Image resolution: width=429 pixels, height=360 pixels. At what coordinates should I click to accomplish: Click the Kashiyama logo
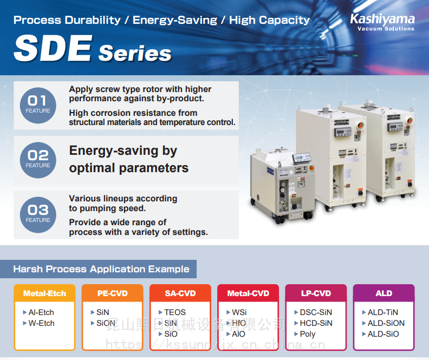tap(382, 22)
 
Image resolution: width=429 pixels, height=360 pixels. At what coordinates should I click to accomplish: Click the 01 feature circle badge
tap(38, 106)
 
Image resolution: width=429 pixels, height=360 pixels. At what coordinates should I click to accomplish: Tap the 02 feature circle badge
tap(38, 160)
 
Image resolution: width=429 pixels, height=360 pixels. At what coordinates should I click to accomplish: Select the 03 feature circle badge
tap(38, 215)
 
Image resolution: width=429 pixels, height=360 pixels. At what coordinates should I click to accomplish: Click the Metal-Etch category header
tap(44, 293)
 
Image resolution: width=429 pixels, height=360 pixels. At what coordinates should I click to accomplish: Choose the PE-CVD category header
tap(113, 293)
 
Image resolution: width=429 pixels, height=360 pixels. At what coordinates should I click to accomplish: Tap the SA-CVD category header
tap(180, 293)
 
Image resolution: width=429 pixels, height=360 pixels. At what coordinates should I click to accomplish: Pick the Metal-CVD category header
tap(248, 293)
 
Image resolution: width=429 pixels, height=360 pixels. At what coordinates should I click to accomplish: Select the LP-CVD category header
tap(316, 293)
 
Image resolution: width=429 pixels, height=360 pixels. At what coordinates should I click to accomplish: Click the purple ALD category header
tap(384, 293)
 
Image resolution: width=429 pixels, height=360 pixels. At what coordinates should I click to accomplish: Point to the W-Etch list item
tap(39, 323)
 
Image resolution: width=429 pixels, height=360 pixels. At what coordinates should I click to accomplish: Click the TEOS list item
tap(172, 312)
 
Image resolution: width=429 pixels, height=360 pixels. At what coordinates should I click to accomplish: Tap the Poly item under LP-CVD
tap(305, 334)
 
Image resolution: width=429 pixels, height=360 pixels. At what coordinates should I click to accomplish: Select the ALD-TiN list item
tap(380, 312)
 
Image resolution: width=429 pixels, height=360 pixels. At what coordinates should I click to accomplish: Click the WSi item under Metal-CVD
tap(236, 312)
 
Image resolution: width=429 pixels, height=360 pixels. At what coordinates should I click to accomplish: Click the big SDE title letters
tap(53, 48)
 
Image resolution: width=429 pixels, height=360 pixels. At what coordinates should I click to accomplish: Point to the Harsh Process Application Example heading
tap(101, 269)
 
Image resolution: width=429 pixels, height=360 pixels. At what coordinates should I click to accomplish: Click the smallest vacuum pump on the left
tap(282, 185)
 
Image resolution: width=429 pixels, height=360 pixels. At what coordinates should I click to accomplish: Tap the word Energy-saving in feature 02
tap(114, 150)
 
